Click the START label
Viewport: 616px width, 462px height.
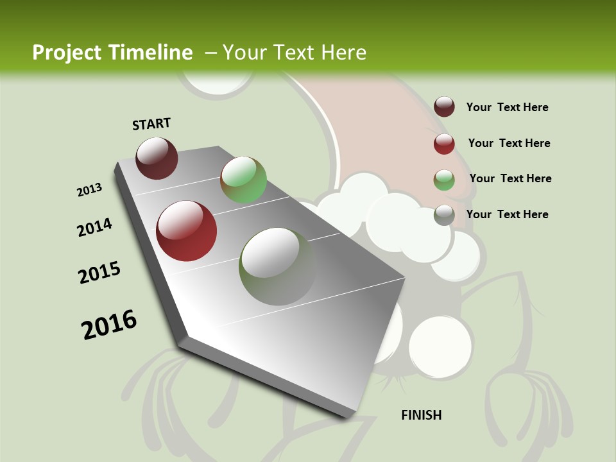click(x=151, y=123)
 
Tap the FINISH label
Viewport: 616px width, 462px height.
click(x=422, y=415)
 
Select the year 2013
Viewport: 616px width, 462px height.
click(x=89, y=189)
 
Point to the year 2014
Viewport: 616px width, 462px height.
click(x=94, y=227)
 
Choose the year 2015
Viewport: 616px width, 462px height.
click(x=99, y=272)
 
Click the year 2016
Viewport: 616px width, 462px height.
click(x=109, y=324)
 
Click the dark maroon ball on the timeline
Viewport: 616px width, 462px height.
click(x=157, y=158)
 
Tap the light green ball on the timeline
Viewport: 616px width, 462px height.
click(x=244, y=180)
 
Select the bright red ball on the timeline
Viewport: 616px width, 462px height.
click(x=187, y=231)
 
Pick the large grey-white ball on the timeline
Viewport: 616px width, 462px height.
click(x=277, y=266)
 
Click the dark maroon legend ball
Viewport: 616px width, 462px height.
click(x=444, y=107)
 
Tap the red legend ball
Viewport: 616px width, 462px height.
click(x=444, y=144)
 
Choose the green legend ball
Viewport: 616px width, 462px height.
click(x=444, y=180)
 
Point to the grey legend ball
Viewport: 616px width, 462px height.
click(x=444, y=215)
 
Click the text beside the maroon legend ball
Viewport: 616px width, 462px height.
click(x=507, y=108)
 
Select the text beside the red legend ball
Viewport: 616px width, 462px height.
click(x=509, y=143)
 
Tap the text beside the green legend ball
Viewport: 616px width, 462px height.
click(x=510, y=178)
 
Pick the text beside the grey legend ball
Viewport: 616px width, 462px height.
click(x=507, y=214)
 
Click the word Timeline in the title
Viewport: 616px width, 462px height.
click(x=151, y=53)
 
